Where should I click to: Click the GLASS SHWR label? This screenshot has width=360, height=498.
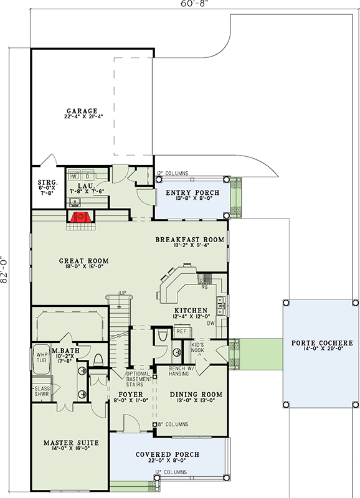[41, 391]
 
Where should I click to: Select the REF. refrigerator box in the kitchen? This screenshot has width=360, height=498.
[181, 332]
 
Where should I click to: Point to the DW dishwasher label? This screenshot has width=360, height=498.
[211, 323]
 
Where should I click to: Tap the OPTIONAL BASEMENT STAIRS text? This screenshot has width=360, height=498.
[139, 377]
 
